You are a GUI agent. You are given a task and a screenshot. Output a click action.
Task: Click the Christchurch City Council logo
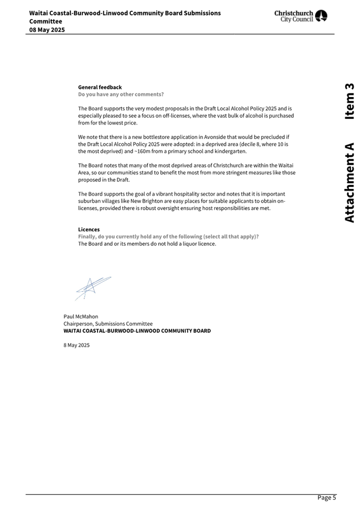[301, 16]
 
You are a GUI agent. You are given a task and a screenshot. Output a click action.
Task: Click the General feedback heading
[100, 87]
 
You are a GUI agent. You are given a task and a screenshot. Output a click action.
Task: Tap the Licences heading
[89, 229]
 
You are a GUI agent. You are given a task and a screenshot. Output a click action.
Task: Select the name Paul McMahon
[81, 316]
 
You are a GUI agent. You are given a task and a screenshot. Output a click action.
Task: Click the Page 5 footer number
[326, 498]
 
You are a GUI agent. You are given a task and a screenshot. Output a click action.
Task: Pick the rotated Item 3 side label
[349, 101]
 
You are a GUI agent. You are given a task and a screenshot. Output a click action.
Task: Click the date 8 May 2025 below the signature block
[76, 345]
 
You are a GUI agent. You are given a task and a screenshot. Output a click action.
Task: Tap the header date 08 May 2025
[47, 30]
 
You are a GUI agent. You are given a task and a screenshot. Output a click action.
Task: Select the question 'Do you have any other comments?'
[121, 94]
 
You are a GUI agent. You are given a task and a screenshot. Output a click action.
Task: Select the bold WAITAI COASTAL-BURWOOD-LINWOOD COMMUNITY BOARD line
[137, 331]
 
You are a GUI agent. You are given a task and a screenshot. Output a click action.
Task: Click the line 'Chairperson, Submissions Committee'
[108, 324]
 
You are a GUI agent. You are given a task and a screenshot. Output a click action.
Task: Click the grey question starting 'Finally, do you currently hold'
[169, 236]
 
